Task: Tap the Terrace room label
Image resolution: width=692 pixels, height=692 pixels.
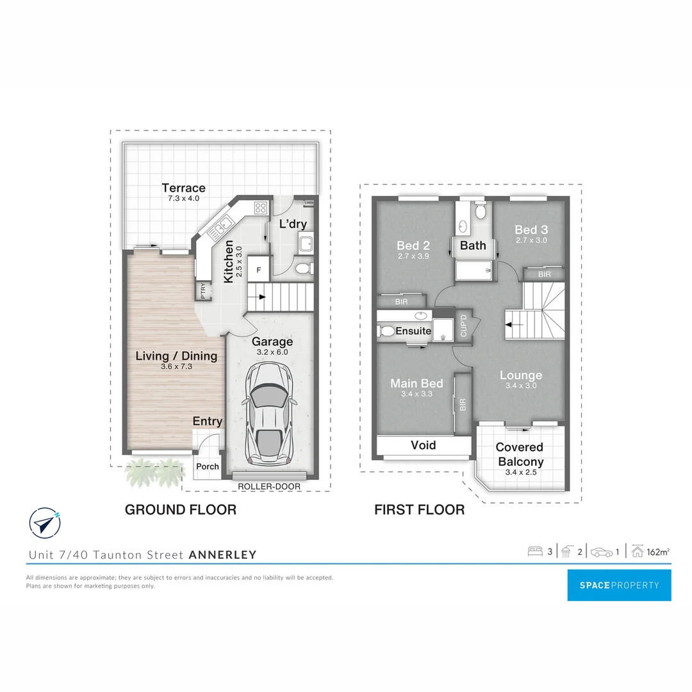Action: coord(183,188)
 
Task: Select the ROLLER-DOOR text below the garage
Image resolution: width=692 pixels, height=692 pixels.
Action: coord(269,486)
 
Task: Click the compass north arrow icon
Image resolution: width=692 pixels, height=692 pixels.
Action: coord(45,523)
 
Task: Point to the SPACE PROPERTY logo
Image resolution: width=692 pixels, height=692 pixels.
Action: coord(619,585)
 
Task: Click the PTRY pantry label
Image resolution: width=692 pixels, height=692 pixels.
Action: coord(204,292)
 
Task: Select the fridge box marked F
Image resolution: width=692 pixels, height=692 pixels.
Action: coord(259,270)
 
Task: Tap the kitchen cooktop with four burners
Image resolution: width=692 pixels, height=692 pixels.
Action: coord(261,207)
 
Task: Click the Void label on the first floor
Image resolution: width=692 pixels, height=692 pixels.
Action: coord(423,445)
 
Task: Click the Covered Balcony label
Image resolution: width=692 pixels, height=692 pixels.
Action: coord(519,454)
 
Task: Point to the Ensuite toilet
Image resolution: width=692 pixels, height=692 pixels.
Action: coord(386,331)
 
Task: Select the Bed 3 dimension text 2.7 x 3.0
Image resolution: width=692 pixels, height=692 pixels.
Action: coord(531,240)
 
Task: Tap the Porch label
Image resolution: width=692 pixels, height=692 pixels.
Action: coord(207,466)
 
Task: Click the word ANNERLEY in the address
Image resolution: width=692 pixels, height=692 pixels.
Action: coord(222,555)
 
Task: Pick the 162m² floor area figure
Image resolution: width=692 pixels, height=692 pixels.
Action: coord(658,551)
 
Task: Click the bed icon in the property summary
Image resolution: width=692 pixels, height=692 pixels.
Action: coord(534,551)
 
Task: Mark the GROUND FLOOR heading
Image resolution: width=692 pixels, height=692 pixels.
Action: coord(180,510)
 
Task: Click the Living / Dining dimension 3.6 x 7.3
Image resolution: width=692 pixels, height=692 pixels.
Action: coord(176,367)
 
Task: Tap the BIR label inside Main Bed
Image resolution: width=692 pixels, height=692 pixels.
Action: coord(463,405)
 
